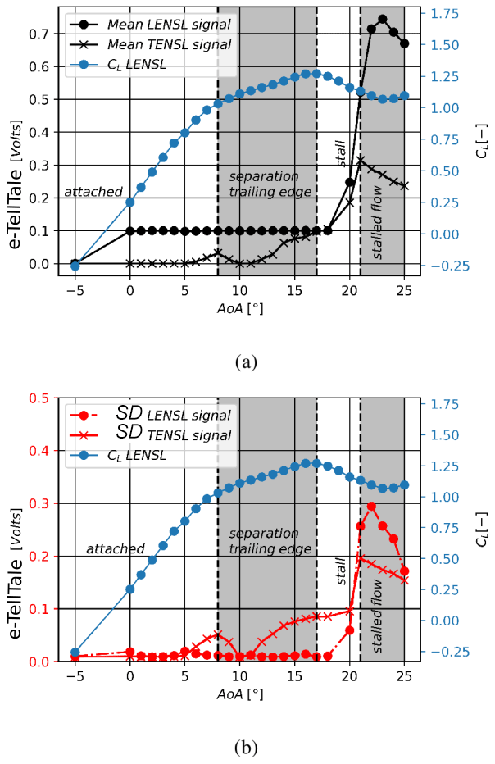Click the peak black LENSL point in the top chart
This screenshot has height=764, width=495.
(383, 19)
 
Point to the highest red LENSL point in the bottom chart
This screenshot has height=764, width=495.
(371, 507)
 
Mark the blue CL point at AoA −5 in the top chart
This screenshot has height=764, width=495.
(75, 266)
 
